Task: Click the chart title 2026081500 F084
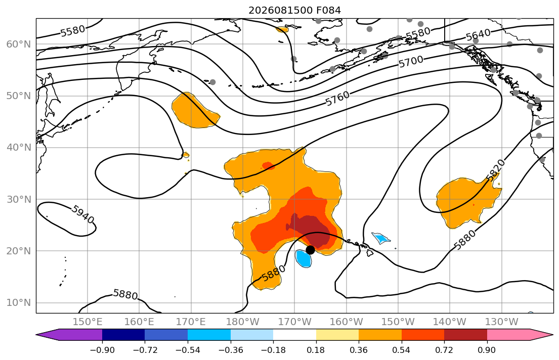(x=294, y=10)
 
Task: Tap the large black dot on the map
(x=310, y=250)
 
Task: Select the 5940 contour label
(x=82, y=214)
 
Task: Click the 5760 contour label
(x=337, y=99)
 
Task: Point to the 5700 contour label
(x=411, y=62)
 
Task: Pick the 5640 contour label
(x=478, y=35)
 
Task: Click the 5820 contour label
(x=496, y=170)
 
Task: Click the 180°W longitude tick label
(x=243, y=322)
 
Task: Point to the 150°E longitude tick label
(x=88, y=322)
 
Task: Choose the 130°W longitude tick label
(x=502, y=322)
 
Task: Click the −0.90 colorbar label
(x=102, y=350)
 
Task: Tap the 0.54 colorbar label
(x=402, y=350)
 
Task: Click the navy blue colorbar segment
(x=123, y=335)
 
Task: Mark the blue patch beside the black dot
(x=304, y=258)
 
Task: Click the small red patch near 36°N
(x=268, y=166)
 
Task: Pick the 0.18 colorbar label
(x=316, y=350)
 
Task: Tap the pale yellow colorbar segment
(x=337, y=335)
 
